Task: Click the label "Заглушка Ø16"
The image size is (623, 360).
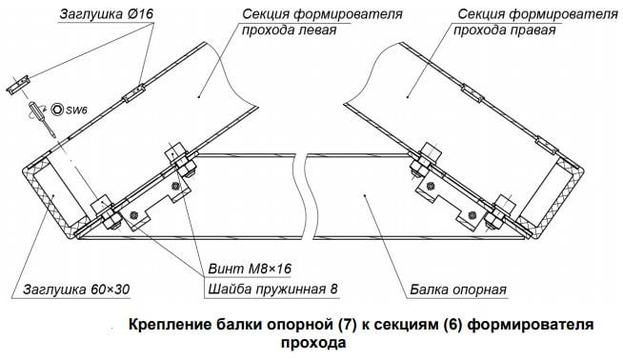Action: [x=107, y=14]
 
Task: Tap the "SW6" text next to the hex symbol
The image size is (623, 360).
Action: [x=76, y=110]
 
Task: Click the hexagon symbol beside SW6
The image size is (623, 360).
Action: [x=57, y=110]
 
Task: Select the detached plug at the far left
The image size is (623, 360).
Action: [x=18, y=85]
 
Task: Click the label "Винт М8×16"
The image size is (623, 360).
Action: [x=250, y=269]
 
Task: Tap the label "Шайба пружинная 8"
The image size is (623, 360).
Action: [x=273, y=289]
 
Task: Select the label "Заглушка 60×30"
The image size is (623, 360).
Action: [x=76, y=290]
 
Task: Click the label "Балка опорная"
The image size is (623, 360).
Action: [x=458, y=290]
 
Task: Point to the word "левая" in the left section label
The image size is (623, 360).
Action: [x=315, y=30]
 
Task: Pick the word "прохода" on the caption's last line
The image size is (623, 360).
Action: [x=313, y=343]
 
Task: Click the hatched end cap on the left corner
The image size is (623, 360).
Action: [x=50, y=198]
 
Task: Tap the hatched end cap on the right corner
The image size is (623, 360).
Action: [x=553, y=200]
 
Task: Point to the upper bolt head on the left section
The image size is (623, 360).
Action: [x=176, y=152]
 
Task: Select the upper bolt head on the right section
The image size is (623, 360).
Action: [x=431, y=153]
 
